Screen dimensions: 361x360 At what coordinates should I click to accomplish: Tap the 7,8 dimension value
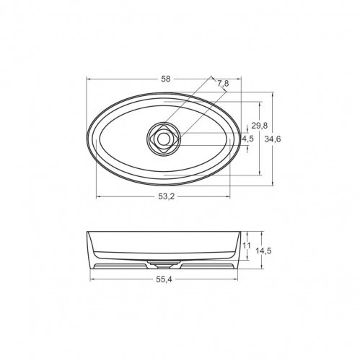coord(223,84)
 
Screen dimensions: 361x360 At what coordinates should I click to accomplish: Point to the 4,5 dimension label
coord(247,138)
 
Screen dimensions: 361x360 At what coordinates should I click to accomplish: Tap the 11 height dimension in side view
coord(247,245)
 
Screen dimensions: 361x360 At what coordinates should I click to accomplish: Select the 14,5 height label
coord(264,250)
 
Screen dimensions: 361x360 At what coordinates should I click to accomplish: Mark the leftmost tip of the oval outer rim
coord(87,137)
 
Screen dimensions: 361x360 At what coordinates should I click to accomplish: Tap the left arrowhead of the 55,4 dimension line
coord(92,280)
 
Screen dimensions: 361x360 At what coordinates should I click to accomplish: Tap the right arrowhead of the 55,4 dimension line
coord(234,280)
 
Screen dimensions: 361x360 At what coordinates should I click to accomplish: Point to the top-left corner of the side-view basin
coord(87,232)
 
